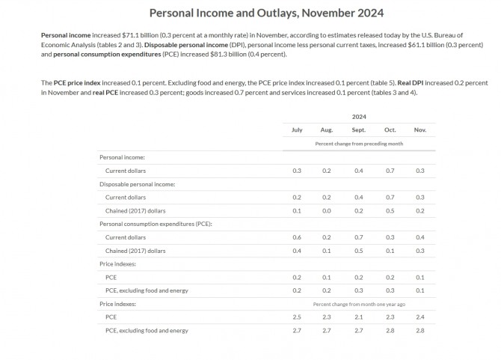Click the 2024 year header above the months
click(x=359, y=117)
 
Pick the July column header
click(x=297, y=130)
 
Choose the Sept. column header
click(x=359, y=130)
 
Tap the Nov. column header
click(x=419, y=130)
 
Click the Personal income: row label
click(x=122, y=157)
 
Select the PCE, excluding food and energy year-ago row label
click(x=147, y=330)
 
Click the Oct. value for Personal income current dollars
click(x=389, y=171)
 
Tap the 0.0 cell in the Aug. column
click(x=327, y=210)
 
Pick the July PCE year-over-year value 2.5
click(x=297, y=317)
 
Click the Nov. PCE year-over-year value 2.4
click(x=419, y=317)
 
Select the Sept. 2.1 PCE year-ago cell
click(x=359, y=317)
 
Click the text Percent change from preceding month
click(x=359, y=143)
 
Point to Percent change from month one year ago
click(x=359, y=305)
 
